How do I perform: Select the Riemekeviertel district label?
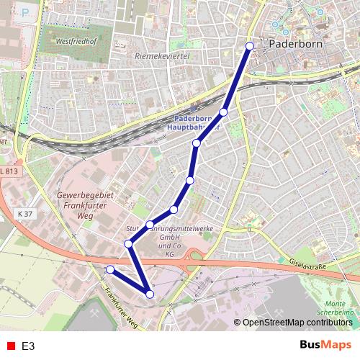click(161, 54)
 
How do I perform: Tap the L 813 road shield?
click(9, 171)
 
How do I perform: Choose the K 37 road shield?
click(24, 215)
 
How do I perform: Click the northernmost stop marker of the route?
click(250, 46)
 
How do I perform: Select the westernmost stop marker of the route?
click(110, 269)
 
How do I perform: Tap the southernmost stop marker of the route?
click(150, 294)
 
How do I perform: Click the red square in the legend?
click(10, 346)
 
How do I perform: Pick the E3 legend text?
click(28, 346)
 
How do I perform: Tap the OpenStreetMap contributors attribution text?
click(297, 323)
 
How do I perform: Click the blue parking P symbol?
click(27, 11)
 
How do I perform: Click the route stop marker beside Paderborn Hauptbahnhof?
click(224, 112)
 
